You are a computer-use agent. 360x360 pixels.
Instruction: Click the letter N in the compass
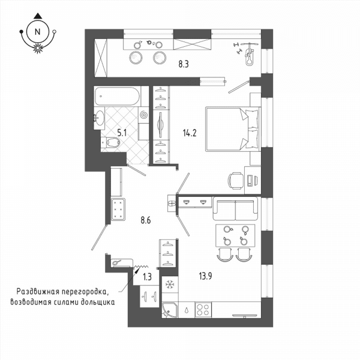click(x=37, y=32)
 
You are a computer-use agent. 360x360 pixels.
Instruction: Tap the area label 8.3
click(x=184, y=64)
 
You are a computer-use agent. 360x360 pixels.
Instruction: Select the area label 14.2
click(x=190, y=133)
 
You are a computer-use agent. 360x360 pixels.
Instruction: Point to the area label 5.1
click(x=122, y=133)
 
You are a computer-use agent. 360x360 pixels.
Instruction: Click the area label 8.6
click(x=146, y=220)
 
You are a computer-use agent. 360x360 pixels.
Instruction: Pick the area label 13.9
click(x=205, y=276)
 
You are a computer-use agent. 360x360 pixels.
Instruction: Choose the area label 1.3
click(x=147, y=277)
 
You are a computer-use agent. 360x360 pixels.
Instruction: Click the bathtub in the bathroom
click(x=117, y=96)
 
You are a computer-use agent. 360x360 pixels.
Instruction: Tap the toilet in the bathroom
click(x=110, y=143)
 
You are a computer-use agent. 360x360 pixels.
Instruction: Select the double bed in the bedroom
click(x=233, y=129)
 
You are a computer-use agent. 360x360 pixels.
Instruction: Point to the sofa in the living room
click(x=235, y=209)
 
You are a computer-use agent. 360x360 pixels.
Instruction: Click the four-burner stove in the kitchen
click(x=203, y=310)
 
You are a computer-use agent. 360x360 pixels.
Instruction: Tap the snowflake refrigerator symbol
click(x=170, y=284)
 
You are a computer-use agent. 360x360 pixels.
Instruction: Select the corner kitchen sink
click(x=170, y=310)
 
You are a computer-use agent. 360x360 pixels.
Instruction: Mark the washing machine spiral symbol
click(x=144, y=114)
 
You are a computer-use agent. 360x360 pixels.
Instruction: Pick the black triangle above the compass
click(x=37, y=16)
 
